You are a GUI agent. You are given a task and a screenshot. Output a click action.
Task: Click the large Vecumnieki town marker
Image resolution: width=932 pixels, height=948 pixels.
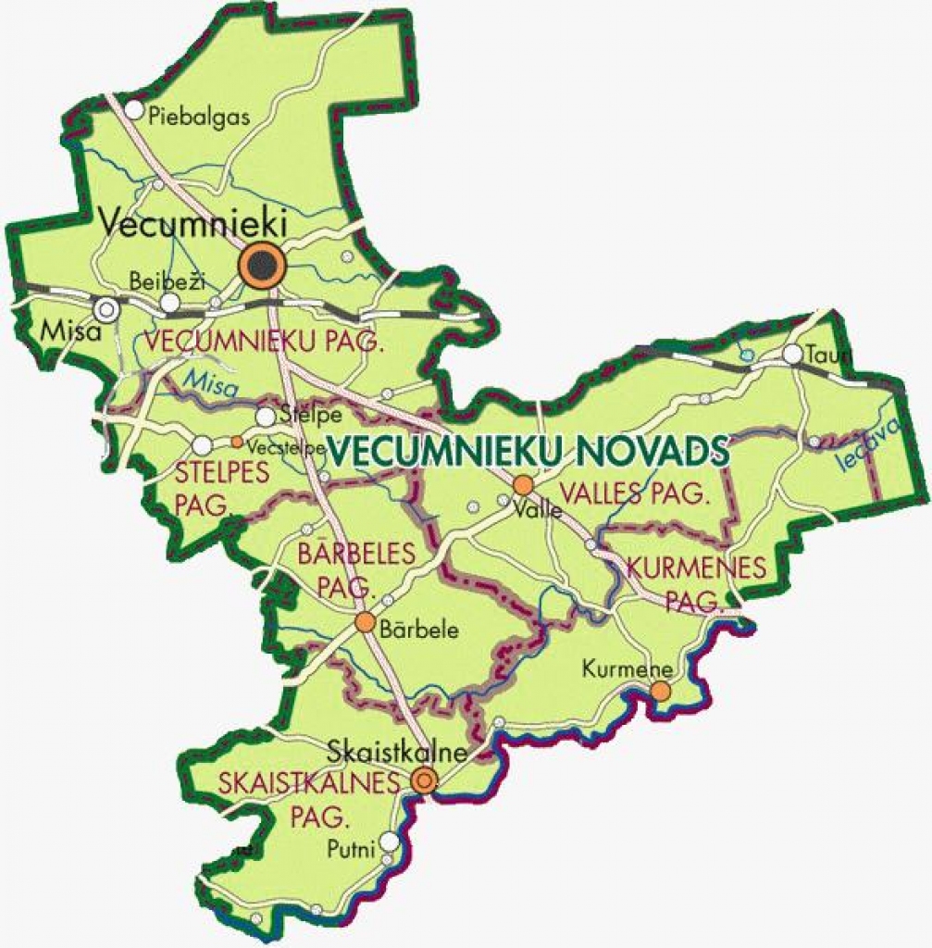click(262, 266)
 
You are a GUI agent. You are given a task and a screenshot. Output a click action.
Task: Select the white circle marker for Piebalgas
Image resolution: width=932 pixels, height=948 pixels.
click(134, 110)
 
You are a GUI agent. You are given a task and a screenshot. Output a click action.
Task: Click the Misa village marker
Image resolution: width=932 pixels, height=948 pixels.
click(107, 308)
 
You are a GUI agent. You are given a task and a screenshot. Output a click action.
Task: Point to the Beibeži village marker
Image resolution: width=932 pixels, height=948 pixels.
click(169, 303)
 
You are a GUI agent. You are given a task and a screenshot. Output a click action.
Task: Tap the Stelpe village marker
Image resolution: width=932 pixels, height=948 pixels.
click(266, 417)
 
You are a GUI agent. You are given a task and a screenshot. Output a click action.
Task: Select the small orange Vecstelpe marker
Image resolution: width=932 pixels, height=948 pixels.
click(237, 442)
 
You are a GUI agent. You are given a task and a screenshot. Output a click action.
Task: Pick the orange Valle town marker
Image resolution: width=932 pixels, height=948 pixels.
click(524, 484)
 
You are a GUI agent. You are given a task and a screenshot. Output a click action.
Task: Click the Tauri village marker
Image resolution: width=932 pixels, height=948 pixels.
click(792, 354)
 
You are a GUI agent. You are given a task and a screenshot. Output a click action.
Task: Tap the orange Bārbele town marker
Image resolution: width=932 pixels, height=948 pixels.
click(365, 621)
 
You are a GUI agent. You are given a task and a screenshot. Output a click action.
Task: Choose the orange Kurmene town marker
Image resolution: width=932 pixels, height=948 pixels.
click(660, 691)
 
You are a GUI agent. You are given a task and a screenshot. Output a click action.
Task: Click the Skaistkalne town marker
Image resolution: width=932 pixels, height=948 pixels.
click(424, 780)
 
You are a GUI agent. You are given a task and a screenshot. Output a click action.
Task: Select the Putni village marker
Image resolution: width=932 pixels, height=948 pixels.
click(391, 841)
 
